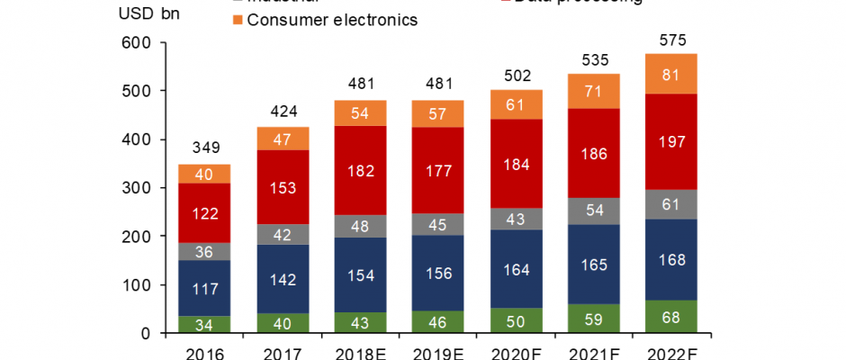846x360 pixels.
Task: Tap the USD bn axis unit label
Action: pos(149,15)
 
